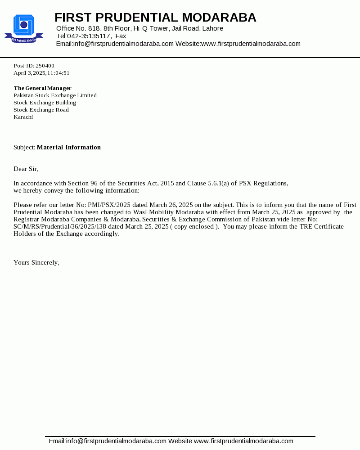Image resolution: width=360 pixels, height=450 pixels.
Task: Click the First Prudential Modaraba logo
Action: pyautogui.click(x=24, y=29)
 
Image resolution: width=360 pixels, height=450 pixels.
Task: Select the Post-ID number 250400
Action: pyautogui.click(x=45, y=66)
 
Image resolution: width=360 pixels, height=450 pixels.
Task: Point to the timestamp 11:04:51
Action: pyautogui.click(x=58, y=73)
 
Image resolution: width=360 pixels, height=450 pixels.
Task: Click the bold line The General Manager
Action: pyautogui.click(x=42, y=88)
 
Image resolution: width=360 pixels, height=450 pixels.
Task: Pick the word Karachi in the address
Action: pyautogui.click(x=23, y=117)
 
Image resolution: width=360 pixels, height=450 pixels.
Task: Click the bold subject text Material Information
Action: pyautogui.click(x=69, y=147)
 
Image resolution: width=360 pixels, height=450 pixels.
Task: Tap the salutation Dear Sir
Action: pyautogui.click(x=26, y=169)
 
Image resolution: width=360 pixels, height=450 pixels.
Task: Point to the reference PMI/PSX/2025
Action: pyautogui.click(x=109, y=205)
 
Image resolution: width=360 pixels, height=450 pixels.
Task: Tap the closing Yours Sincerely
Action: pyautogui.click(x=36, y=262)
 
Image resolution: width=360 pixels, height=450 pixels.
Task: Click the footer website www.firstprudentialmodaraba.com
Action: pyautogui.click(x=243, y=441)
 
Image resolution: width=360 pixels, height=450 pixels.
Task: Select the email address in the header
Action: pyautogui.click(x=123, y=44)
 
